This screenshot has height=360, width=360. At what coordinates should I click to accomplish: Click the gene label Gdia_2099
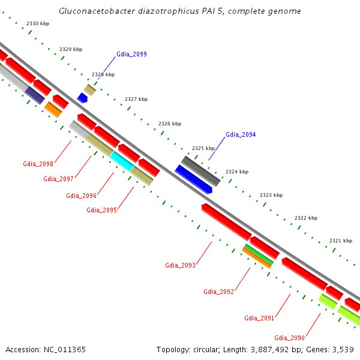point(131,54)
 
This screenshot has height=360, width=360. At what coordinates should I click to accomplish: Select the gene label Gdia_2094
point(241,134)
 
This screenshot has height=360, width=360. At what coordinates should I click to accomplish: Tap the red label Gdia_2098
point(38,164)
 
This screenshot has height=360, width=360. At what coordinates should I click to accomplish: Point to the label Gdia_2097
point(58,179)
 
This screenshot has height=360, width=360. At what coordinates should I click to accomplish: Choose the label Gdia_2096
point(81,196)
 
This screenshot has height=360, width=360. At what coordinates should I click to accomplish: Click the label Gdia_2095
point(101,210)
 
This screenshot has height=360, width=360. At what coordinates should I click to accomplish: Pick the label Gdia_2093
point(180,265)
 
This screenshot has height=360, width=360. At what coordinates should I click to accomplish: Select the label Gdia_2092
point(218,292)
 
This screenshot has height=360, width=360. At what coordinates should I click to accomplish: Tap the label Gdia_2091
point(259,318)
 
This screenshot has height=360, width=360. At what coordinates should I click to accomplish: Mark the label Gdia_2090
point(290,338)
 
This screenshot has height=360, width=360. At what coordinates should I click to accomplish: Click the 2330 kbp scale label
point(38,23)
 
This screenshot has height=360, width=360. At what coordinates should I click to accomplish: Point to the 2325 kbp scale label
point(203,148)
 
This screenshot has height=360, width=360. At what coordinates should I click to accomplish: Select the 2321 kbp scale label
point(340,241)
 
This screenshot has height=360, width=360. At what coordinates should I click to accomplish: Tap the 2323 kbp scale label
point(271,196)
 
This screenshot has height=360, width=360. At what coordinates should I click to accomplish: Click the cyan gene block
point(122,161)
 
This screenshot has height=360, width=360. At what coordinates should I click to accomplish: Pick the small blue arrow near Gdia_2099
point(82,97)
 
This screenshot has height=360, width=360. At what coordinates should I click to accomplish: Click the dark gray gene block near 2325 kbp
point(201,170)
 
